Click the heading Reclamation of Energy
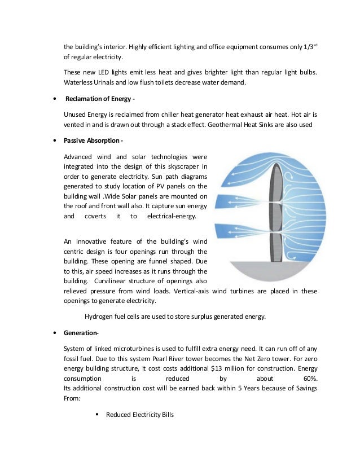tap(99, 99)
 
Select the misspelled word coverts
tap(94, 216)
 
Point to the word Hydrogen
tap(98, 316)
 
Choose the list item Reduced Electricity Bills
tap(139, 415)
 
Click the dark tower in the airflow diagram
tap(276, 209)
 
